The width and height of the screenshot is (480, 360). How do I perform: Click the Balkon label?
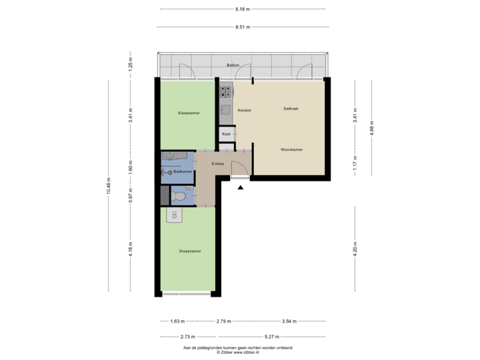(x=233, y=65)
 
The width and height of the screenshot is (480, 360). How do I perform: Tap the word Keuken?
(x=244, y=110)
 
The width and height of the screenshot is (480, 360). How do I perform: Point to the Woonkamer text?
(x=291, y=149)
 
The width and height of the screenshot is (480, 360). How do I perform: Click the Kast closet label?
(x=226, y=134)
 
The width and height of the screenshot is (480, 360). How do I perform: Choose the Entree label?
(x=217, y=163)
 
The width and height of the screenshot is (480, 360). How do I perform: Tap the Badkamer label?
(x=183, y=172)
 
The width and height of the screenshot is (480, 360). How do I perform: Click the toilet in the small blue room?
(x=179, y=196)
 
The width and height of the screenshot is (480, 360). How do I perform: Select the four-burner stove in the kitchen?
(x=225, y=89)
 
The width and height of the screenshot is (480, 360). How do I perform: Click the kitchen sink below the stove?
(x=225, y=110)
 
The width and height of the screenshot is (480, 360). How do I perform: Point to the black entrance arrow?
(x=240, y=188)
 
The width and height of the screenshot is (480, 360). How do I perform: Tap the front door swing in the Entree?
(x=239, y=170)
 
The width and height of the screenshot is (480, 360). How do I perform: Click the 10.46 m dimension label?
(x=109, y=186)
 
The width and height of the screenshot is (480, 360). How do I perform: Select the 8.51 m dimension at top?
(x=242, y=27)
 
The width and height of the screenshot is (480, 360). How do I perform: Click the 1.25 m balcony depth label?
(x=131, y=65)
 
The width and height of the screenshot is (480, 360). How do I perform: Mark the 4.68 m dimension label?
(x=372, y=127)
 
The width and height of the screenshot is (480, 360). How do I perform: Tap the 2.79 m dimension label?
(x=223, y=321)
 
